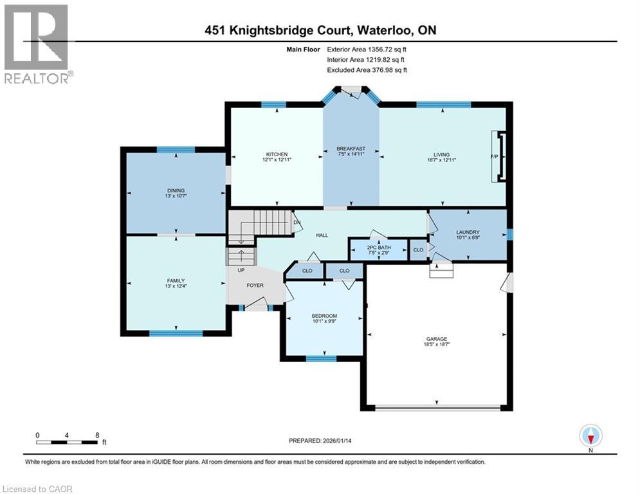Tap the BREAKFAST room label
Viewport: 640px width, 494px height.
(351, 149)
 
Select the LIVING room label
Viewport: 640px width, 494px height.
(441, 154)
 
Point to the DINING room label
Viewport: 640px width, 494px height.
(176, 190)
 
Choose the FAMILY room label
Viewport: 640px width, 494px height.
(176, 280)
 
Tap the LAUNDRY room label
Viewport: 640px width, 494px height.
(468, 232)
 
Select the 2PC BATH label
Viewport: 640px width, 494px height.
(378, 246)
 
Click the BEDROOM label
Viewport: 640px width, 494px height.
(324, 316)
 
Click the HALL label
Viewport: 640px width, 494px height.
(322, 235)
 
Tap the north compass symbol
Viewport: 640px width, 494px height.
(590, 436)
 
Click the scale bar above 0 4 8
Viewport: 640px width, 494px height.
(67, 442)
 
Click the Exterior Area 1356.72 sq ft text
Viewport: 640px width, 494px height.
(367, 49)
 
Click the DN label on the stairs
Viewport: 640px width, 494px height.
(297, 223)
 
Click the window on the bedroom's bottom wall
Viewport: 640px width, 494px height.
(321, 358)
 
